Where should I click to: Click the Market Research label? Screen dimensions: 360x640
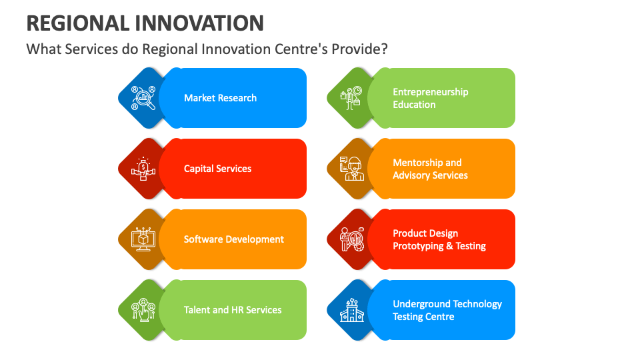pos(220,98)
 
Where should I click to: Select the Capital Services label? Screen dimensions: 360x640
pos(217,169)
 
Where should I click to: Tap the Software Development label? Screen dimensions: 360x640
pos(233,239)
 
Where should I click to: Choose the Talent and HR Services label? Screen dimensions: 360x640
pos(233,310)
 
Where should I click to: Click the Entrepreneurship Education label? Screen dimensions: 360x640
pos(430,98)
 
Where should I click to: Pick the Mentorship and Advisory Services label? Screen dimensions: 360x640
pos(430,169)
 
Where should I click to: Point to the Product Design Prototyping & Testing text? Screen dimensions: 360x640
pos(439,239)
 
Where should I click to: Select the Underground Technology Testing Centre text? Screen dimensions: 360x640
pos(447,310)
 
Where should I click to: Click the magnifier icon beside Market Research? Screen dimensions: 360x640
pos(143,98)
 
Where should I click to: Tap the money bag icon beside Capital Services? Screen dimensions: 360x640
pos(143,169)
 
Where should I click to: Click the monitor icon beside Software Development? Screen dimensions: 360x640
pos(143,239)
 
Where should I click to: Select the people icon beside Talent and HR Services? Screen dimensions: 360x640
pos(143,310)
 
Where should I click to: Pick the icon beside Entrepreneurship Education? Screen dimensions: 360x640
pos(351,98)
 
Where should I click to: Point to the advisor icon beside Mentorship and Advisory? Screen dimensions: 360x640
pos(351,169)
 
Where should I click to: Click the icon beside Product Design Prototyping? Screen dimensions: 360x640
pos(351,239)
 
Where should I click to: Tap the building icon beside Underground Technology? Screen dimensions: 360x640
pos(351,310)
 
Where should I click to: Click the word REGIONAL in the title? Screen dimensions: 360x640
pos(77,23)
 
